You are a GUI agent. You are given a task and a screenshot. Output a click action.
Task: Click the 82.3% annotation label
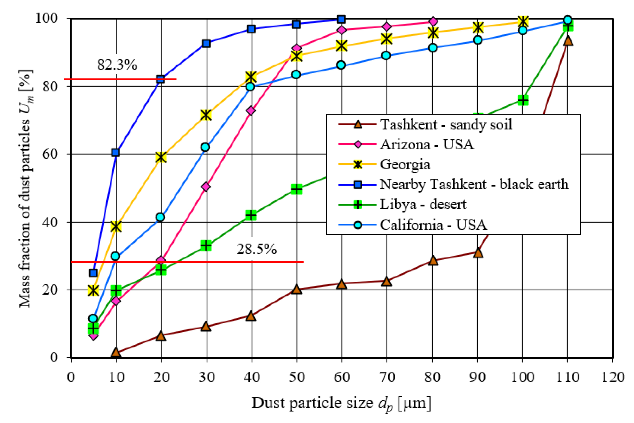(x=117, y=65)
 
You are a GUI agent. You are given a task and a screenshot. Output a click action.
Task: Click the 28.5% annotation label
(x=257, y=249)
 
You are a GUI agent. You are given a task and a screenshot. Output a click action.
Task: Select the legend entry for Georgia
(x=405, y=164)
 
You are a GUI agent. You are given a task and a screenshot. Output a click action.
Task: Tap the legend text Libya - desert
(x=423, y=204)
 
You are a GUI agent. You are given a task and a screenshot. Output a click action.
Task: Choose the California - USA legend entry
(x=433, y=225)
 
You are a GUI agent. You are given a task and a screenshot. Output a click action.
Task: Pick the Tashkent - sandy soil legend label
(x=446, y=124)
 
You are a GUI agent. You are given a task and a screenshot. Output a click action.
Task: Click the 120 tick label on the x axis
(x=613, y=377)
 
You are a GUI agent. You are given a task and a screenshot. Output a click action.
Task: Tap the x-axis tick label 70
(x=387, y=377)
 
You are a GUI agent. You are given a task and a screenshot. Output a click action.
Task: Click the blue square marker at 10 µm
(x=116, y=153)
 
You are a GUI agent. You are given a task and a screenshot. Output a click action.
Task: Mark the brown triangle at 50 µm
(x=296, y=289)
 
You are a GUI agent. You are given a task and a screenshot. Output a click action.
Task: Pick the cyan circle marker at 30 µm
(x=206, y=147)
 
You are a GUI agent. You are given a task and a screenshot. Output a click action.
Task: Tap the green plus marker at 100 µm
(x=523, y=100)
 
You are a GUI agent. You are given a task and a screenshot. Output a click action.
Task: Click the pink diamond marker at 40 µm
(x=251, y=111)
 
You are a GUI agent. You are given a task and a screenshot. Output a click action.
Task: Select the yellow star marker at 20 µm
(x=161, y=157)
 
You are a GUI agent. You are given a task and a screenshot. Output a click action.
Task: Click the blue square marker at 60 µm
(x=341, y=19)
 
